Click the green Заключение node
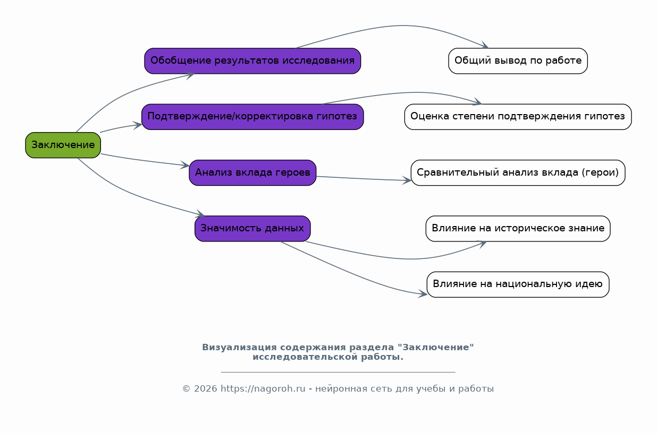pos(63,145)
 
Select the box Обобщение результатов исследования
pos(252,61)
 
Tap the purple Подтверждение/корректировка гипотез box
pos(252,117)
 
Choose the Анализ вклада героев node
pos(252,173)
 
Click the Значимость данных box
pos(252,229)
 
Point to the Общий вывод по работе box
pos(518,61)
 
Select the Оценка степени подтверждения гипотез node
pos(518,117)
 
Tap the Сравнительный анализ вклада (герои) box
pos(518,173)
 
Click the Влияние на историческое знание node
pos(518,229)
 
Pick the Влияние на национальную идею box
pos(518,284)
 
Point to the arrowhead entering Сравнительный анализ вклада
pos(407,180)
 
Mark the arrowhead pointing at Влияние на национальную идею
pos(423,293)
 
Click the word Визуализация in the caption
pos(239,347)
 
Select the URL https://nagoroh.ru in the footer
pos(263,389)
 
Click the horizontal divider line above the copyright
pos(338,372)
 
